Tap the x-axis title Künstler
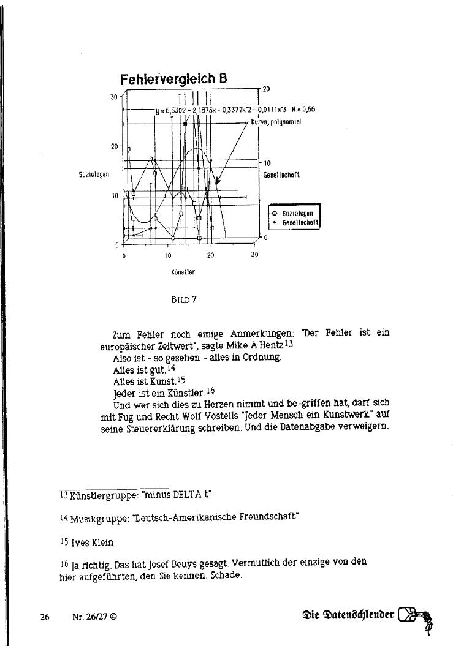click(x=183, y=270)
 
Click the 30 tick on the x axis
click(x=254, y=255)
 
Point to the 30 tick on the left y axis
click(x=114, y=97)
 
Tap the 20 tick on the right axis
click(x=266, y=89)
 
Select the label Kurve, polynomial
click(x=276, y=122)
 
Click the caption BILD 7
click(x=184, y=300)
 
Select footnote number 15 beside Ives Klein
click(x=64, y=542)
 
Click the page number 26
click(x=45, y=617)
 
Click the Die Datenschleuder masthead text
click(x=348, y=615)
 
